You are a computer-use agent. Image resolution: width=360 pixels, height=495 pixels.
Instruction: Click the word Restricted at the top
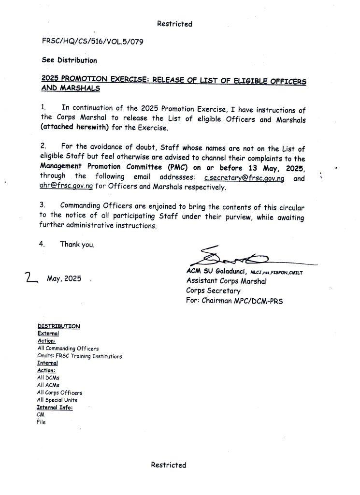coord(174,24)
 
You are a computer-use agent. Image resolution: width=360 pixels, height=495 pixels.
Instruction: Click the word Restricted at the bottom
coord(168,465)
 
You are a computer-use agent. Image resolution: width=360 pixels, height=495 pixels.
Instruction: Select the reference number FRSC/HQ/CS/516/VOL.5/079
coord(92,42)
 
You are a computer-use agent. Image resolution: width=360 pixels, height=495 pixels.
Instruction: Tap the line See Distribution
coord(69,60)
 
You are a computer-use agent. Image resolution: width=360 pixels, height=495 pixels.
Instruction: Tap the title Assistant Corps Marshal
coord(226,281)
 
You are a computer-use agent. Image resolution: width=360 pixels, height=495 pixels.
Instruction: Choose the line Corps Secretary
coord(213,291)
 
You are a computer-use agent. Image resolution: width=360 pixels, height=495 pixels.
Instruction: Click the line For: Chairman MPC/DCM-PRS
coord(234,301)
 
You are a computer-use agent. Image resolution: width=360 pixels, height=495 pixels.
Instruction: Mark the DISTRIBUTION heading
coord(58,326)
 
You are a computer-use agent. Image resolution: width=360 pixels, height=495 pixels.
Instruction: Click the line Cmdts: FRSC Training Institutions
coord(79,356)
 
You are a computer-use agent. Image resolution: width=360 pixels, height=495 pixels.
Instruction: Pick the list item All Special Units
coord(57,400)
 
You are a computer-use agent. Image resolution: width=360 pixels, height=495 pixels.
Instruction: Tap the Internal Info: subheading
coord(55,408)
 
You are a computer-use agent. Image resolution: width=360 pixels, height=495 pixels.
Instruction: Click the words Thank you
coord(77,245)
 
